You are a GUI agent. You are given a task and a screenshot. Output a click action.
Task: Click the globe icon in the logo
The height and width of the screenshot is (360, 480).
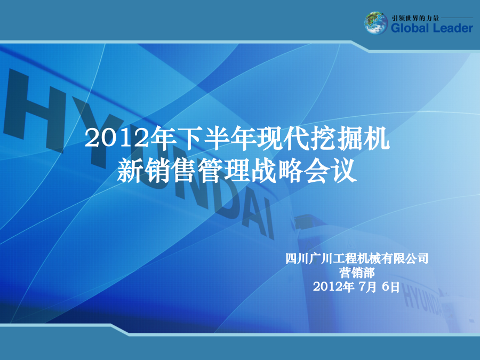376,23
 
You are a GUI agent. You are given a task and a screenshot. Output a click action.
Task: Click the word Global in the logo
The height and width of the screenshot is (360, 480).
410,28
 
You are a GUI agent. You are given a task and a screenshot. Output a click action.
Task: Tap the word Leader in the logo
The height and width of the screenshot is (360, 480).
453,28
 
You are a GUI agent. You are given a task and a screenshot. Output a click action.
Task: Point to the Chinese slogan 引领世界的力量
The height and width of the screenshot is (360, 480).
415,18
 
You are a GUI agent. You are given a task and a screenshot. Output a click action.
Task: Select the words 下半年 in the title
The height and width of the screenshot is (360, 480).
204,138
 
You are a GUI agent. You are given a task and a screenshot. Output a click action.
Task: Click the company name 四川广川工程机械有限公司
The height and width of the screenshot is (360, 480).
357,258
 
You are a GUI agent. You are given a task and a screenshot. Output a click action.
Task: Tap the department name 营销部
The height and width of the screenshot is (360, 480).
357,273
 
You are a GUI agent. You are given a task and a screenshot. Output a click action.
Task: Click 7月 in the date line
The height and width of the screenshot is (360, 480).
367,287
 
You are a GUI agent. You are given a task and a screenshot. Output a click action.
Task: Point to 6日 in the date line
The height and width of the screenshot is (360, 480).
390,287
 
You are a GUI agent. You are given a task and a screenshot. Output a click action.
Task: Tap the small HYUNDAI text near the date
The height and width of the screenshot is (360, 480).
422,299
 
